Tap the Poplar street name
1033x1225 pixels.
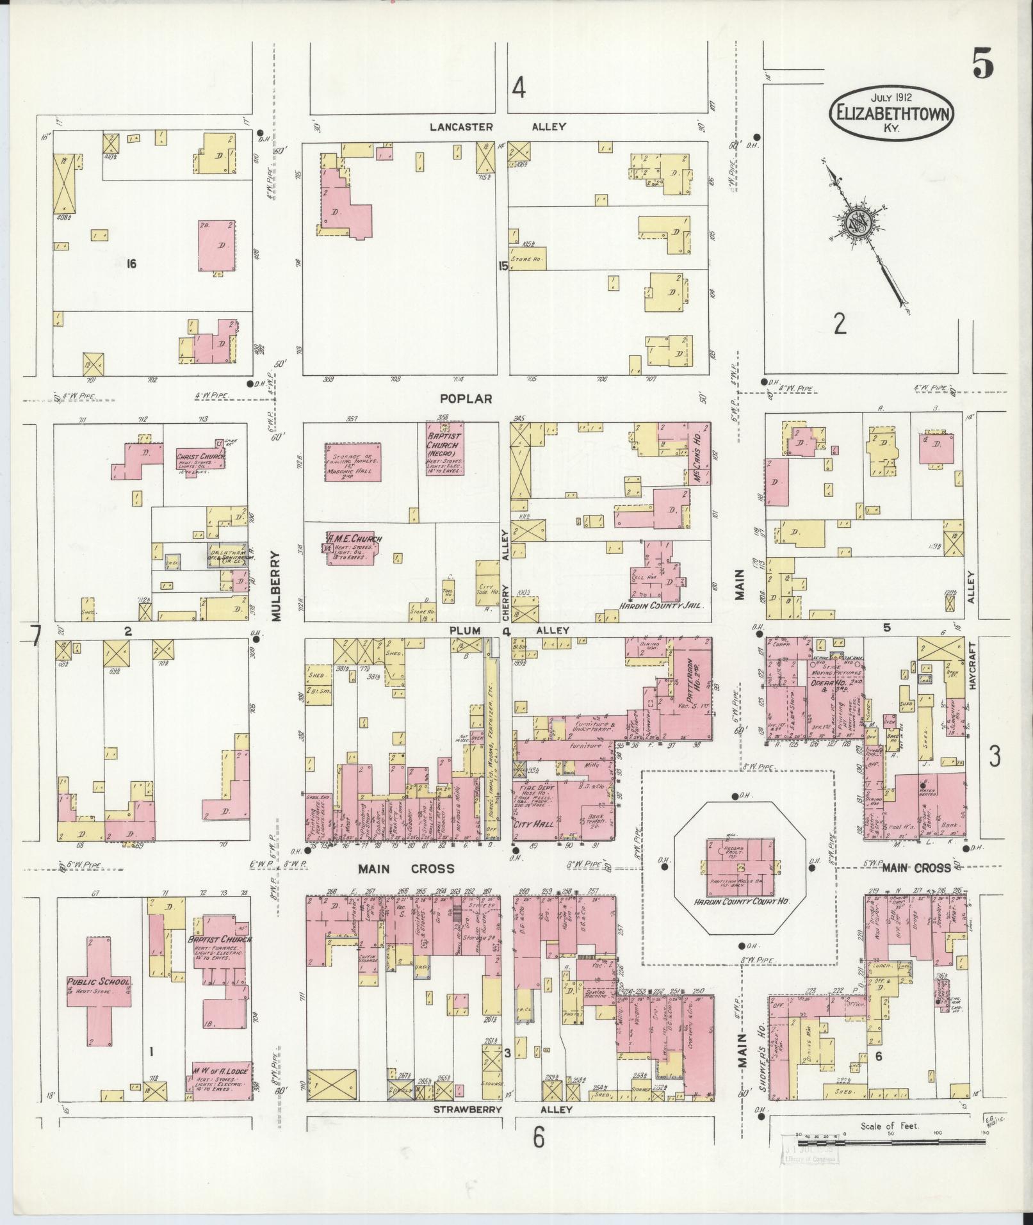tap(466, 398)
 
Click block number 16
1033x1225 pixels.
tap(132, 263)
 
